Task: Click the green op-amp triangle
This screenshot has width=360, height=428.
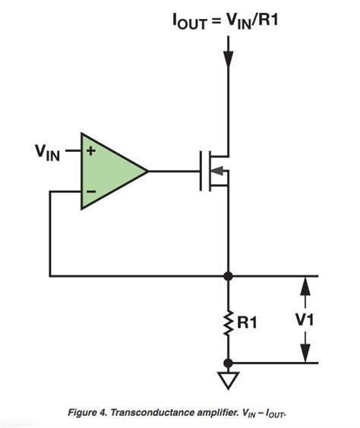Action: (110, 172)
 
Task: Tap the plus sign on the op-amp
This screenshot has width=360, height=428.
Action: (91, 151)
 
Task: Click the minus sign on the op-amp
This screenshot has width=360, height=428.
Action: (91, 192)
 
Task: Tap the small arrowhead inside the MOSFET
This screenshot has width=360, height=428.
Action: (218, 172)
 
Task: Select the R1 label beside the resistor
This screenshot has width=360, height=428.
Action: (248, 323)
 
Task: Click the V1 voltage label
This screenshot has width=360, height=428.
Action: (305, 321)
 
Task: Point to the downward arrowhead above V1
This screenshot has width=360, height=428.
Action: (305, 285)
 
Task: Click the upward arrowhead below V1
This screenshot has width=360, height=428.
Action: (305, 355)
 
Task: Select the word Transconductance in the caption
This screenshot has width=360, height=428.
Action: (159, 413)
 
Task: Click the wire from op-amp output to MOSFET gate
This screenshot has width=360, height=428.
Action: (173, 172)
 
